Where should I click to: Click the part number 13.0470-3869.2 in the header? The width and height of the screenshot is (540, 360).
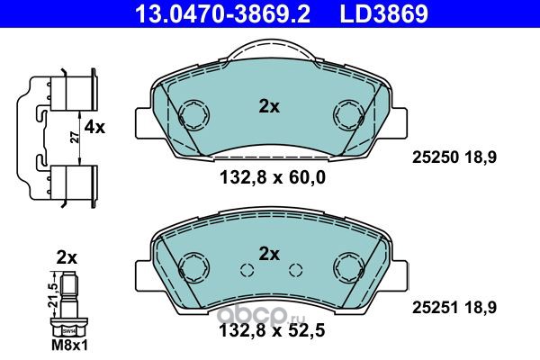223,13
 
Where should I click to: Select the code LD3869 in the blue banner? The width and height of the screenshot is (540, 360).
384,13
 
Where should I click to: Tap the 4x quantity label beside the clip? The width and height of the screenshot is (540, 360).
94,128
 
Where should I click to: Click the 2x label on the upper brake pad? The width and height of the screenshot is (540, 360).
269,107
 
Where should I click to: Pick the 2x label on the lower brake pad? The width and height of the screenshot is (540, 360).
269,254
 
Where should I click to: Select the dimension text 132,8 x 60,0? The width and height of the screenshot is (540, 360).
272,178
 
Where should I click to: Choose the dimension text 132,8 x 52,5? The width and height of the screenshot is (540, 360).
272,331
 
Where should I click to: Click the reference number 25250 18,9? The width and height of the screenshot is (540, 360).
454,157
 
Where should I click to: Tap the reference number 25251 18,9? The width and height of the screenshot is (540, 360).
454,308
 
